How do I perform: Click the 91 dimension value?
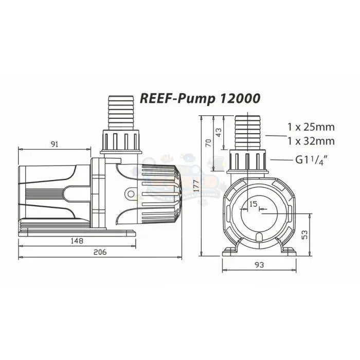55,144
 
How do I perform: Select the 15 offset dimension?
253,205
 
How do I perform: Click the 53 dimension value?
304,235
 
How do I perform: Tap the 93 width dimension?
259,265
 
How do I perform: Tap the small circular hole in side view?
132,194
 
